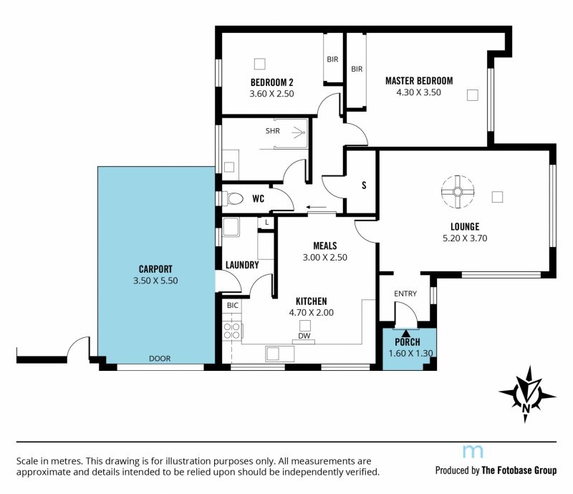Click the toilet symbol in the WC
(233, 199)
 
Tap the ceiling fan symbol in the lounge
(458, 192)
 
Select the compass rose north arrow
(527, 394)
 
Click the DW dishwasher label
(304, 336)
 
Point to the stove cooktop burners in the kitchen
(231, 331)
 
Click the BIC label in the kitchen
(232, 306)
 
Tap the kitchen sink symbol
(279, 354)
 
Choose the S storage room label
(364, 185)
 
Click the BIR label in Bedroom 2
(332, 59)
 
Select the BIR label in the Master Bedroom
(357, 69)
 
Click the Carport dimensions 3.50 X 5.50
(155, 281)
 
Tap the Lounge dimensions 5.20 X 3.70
(465, 238)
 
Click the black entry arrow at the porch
(406, 332)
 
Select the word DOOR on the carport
(160, 359)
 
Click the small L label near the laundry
(266, 222)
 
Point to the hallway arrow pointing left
(317, 208)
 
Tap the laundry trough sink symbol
(231, 227)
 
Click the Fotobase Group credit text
(496, 470)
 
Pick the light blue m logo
(473, 452)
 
